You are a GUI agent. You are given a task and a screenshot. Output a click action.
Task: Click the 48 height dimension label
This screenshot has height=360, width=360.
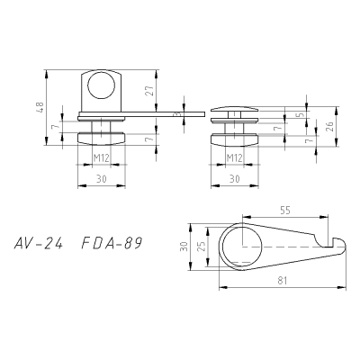(x=40, y=107)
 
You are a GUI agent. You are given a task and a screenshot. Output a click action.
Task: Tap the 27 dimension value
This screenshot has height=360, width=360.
(x=151, y=90)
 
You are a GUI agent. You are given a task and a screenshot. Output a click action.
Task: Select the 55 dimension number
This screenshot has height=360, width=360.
(x=285, y=211)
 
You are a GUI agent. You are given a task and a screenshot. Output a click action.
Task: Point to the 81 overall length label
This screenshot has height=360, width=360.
(x=283, y=281)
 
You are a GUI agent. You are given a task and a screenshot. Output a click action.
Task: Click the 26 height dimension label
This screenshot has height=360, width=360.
(x=329, y=126)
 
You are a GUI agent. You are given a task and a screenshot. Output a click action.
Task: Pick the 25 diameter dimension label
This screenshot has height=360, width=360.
(x=202, y=247)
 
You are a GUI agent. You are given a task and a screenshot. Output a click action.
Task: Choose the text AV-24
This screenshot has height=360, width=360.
(x=39, y=244)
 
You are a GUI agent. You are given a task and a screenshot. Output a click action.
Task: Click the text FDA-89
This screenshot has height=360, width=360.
(x=112, y=244)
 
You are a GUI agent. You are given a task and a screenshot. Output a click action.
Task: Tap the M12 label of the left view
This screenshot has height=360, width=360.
(x=101, y=157)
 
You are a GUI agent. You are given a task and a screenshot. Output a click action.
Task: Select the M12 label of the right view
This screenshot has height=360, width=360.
(x=234, y=157)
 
